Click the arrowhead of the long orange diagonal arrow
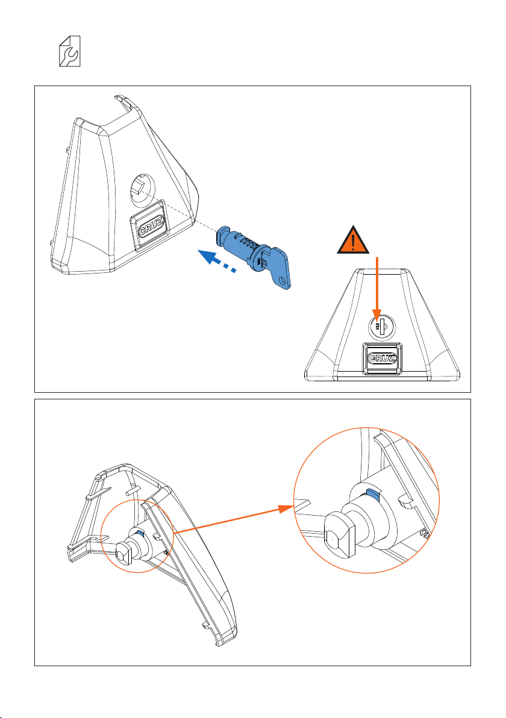[x=285, y=510]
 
